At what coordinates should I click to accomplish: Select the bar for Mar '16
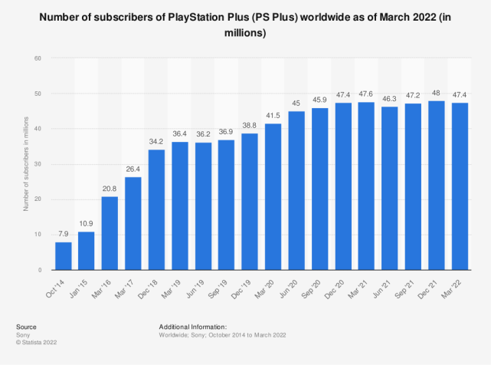click(x=110, y=233)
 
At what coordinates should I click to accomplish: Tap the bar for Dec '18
click(x=157, y=209)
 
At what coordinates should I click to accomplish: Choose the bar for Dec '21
click(x=437, y=185)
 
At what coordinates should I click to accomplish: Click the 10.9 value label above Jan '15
click(x=87, y=224)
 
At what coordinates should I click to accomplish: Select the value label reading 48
click(x=437, y=92)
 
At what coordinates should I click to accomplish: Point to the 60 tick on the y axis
click(x=37, y=58)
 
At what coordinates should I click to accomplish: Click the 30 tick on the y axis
click(x=37, y=164)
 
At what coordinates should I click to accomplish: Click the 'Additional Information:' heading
click(x=194, y=326)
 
